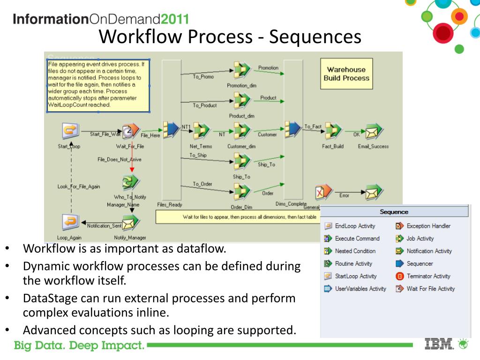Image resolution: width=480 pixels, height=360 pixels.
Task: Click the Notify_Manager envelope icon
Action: (129, 223)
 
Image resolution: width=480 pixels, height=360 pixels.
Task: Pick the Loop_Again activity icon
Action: (70, 221)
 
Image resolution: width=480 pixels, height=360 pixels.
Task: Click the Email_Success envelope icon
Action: (374, 132)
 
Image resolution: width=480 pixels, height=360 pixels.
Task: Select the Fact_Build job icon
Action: (333, 131)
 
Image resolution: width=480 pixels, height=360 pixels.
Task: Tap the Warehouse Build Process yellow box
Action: (346, 74)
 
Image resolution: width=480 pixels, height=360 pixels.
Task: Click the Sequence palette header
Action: (394, 212)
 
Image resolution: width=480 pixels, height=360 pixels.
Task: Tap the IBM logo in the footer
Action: (439, 345)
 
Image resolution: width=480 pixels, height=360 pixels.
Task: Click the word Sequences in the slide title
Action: (315, 36)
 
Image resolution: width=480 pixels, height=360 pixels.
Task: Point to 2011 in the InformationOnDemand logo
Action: (175, 19)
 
